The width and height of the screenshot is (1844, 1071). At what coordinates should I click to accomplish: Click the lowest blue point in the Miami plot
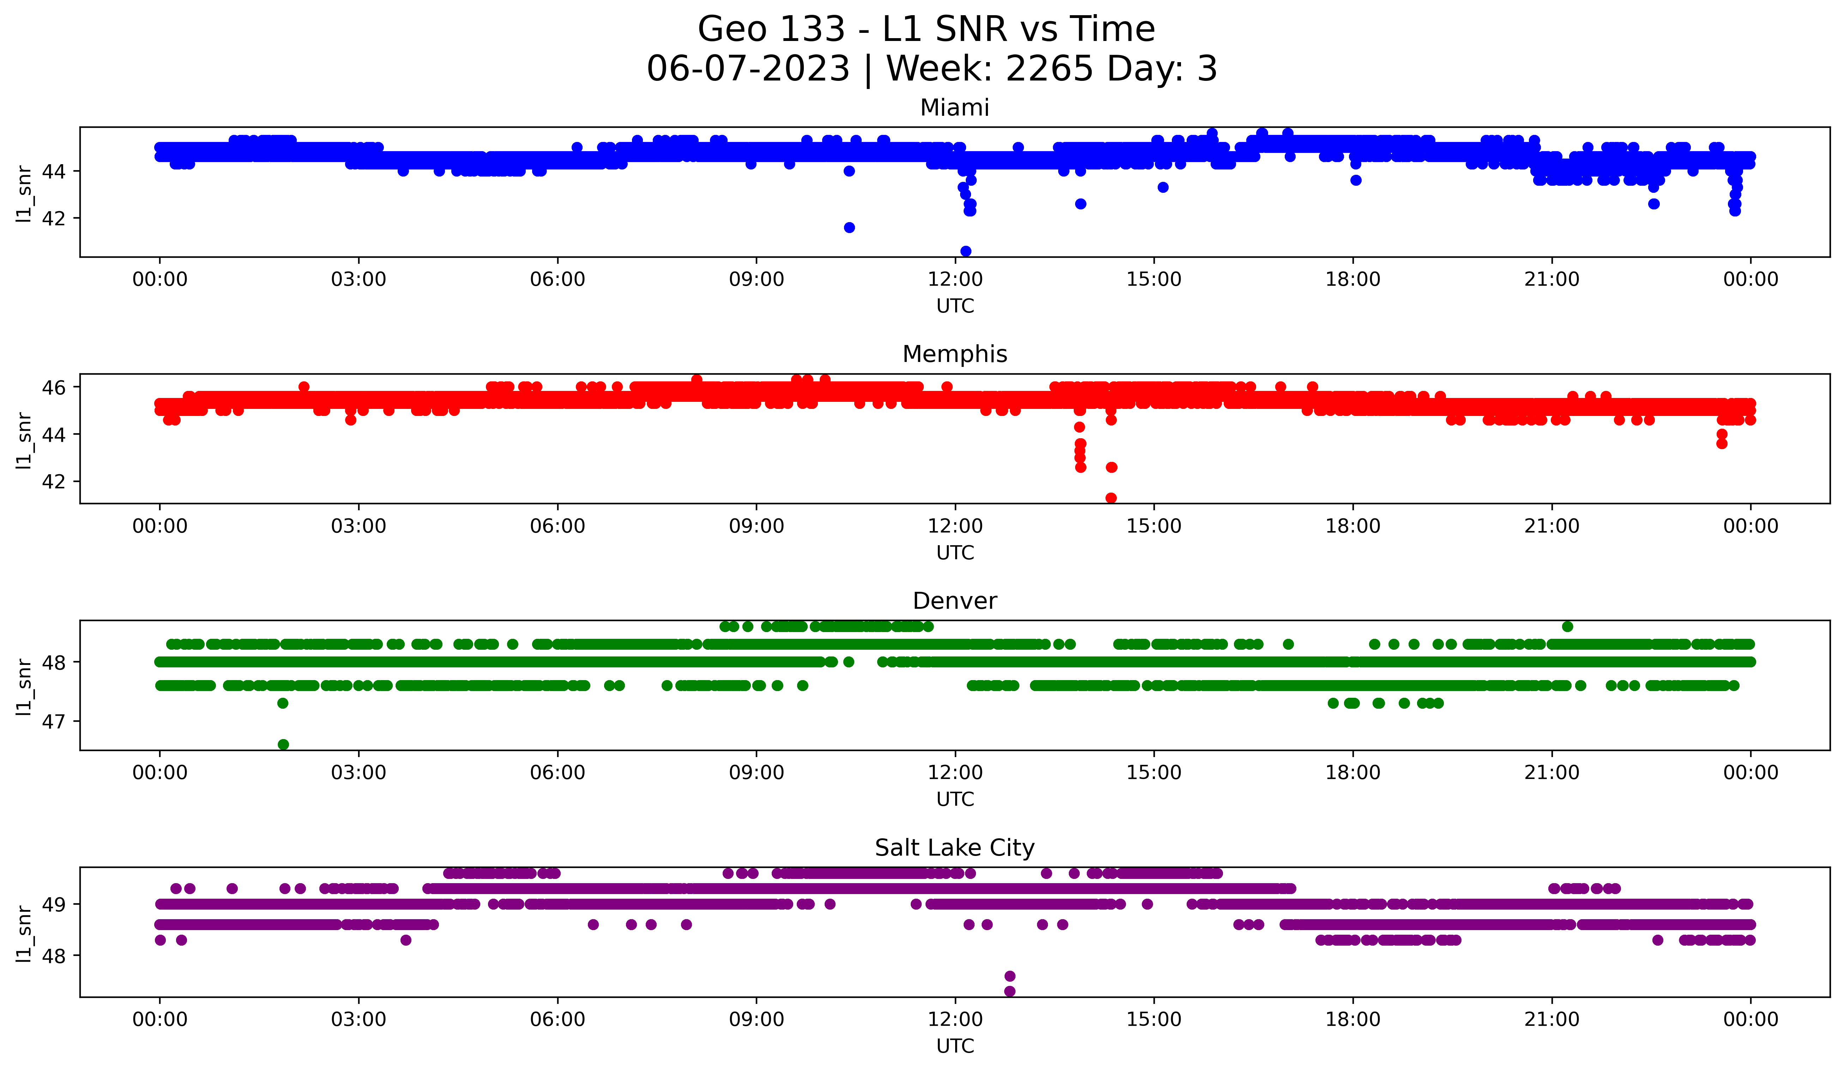point(965,251)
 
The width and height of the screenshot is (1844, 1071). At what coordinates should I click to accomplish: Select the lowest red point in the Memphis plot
point(1111,498)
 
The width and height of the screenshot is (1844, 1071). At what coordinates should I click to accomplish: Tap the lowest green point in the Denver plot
point(283,744)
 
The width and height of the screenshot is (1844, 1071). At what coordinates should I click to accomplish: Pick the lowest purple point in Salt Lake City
point(1010,991)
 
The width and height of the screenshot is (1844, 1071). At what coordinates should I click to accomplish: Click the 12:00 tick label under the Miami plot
point(955,279)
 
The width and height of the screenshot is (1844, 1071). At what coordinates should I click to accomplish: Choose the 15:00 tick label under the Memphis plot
point(1154,526)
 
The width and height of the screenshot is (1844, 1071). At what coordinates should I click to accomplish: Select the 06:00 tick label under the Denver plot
point(558,772)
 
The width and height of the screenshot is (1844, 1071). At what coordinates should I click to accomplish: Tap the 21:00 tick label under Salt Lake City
point(1551,1019)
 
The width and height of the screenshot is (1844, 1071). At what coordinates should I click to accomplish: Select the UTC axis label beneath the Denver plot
point(955,799)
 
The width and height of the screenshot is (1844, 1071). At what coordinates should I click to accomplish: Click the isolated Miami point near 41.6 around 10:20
point(849,228)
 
